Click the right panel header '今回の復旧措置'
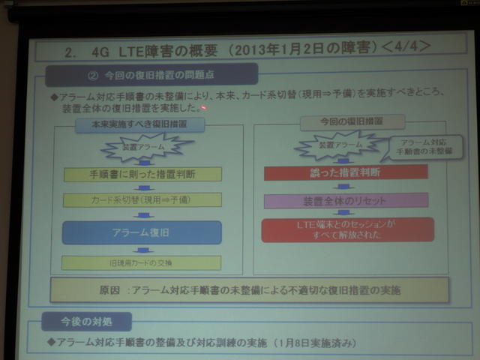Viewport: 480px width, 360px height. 342,122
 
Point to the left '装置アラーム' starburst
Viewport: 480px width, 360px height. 142,147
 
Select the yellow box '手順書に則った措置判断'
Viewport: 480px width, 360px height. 142,175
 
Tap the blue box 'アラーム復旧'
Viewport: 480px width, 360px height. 142,232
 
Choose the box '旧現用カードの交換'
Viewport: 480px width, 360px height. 142,262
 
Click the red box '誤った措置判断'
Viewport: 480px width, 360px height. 346,172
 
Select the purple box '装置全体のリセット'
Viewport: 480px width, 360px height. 346,200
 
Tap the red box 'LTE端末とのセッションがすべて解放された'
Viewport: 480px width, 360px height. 347,229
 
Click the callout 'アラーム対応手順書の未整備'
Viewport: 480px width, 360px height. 421,148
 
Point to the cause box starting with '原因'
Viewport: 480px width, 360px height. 250,289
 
